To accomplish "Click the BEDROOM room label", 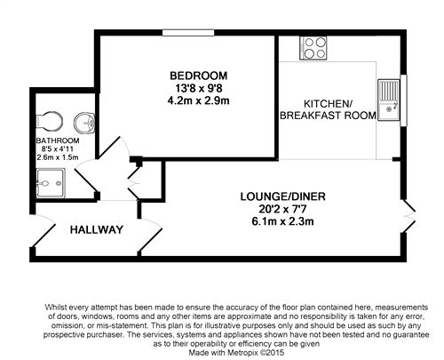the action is point(199,76).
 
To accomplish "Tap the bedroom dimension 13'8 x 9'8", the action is point(199,88).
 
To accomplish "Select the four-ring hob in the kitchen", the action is point(313,48).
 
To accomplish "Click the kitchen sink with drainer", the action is point(389,100).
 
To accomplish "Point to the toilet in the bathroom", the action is point(49,121).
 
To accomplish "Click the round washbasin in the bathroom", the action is point(84,123).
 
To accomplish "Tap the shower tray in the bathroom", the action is point(51,183).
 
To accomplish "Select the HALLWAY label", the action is point(97,229).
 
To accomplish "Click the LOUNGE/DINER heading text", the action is point(282,196).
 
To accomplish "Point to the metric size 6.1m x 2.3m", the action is point(282,221).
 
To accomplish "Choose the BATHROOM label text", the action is point(58,140).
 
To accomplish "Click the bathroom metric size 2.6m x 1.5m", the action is point(58,157).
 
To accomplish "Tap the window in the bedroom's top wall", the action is point(188,33).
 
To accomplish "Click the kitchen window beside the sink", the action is point(403,100).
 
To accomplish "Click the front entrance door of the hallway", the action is point(43,231).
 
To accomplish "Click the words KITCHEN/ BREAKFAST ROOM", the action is point(328,109).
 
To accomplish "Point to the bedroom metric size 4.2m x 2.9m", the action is point(199,100).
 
